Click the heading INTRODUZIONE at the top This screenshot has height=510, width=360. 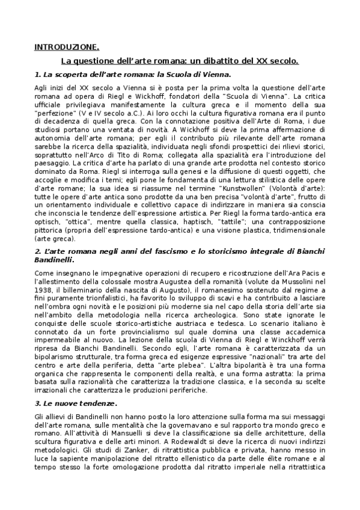(x=66, y=47)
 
